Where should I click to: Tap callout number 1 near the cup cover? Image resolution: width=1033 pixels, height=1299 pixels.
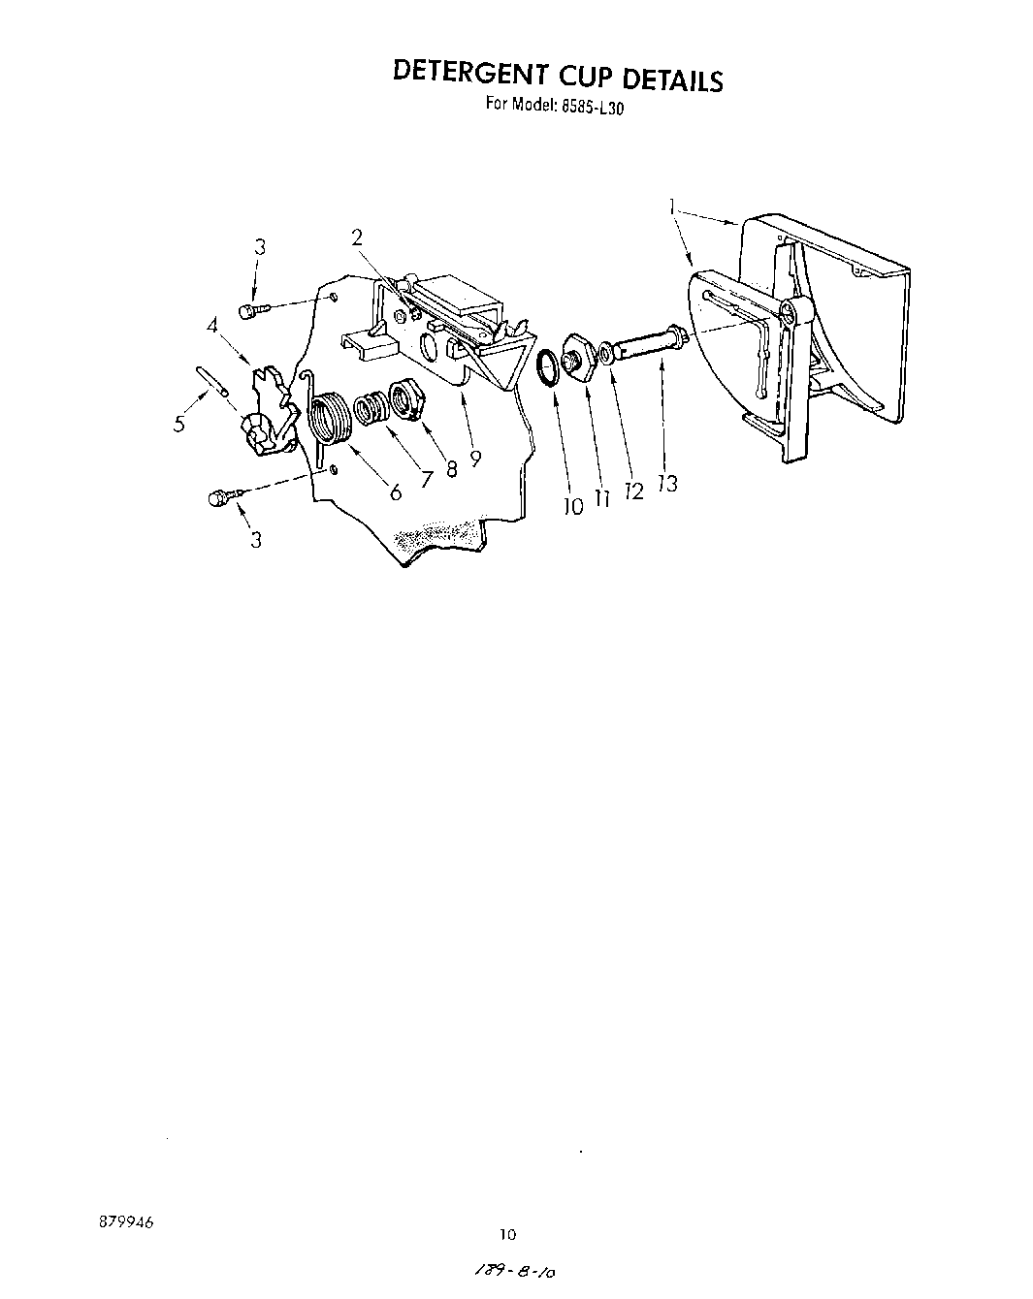coord(671,205)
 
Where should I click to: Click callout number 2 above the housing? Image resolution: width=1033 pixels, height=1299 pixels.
coord(357,237)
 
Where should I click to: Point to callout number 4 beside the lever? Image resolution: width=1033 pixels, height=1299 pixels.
coord(212,327)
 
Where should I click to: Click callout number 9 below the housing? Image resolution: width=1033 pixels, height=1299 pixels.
coord(474,459)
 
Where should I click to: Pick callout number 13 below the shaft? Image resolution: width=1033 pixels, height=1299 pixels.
coord(667,482)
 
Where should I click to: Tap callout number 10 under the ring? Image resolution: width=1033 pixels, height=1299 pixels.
coord(573,505)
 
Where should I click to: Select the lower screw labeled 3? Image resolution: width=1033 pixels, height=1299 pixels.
coord(218,497)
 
